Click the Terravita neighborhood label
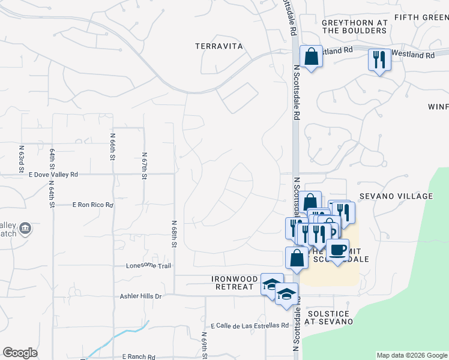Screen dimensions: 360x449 click(218, 46)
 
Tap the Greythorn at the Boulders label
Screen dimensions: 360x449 click(354, 26)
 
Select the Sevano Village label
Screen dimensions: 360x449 click(396, 196)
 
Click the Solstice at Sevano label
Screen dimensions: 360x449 click(328, 317)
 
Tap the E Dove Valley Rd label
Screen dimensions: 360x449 click(53, 175)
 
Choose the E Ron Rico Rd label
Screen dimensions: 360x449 click(92, 205)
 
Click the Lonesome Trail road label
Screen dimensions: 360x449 click(148, 266)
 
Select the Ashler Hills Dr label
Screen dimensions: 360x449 click(141, 296)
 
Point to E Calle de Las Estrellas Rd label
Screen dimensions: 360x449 click(250, 326)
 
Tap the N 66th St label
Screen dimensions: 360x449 click(112, 147)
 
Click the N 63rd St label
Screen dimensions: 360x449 click(21, 155)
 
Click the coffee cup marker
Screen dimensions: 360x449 click(337, 249)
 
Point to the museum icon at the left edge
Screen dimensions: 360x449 click(25, 229)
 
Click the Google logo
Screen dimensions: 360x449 click(20, 353)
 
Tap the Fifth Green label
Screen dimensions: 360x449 click(420, 17)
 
